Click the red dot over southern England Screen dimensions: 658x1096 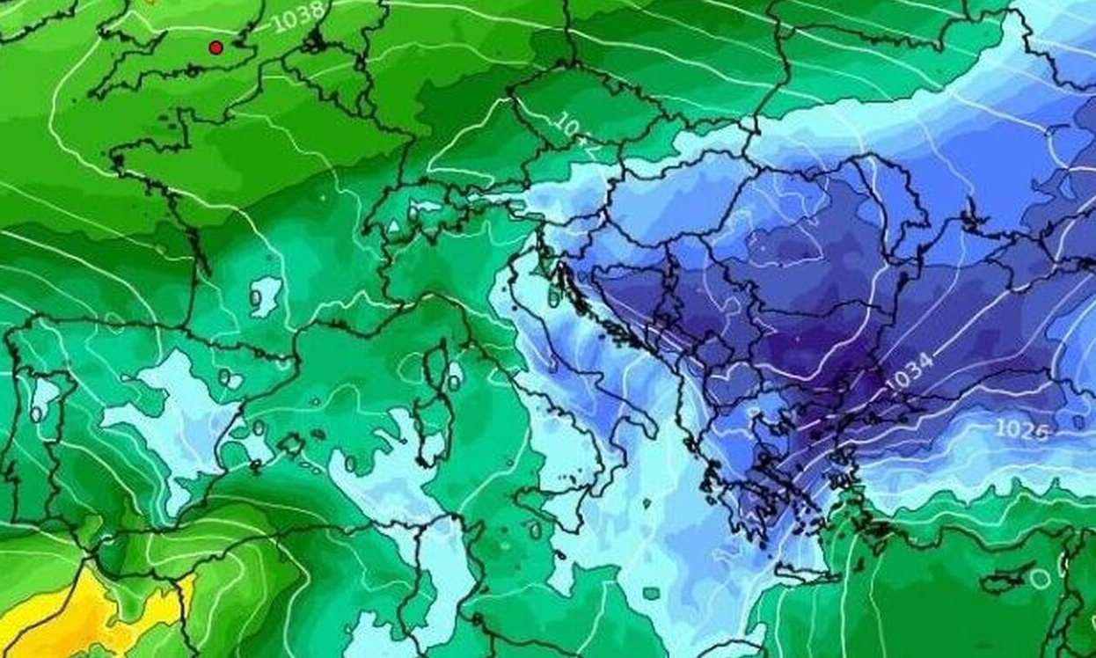(x=216, y=48)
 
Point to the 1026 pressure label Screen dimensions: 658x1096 (x=1021, y=429)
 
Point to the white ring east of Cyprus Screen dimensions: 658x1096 (x=1041, y=578)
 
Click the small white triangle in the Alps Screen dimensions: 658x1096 (x=392, y=227)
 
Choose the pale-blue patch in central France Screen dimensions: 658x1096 (x=264, y=295)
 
